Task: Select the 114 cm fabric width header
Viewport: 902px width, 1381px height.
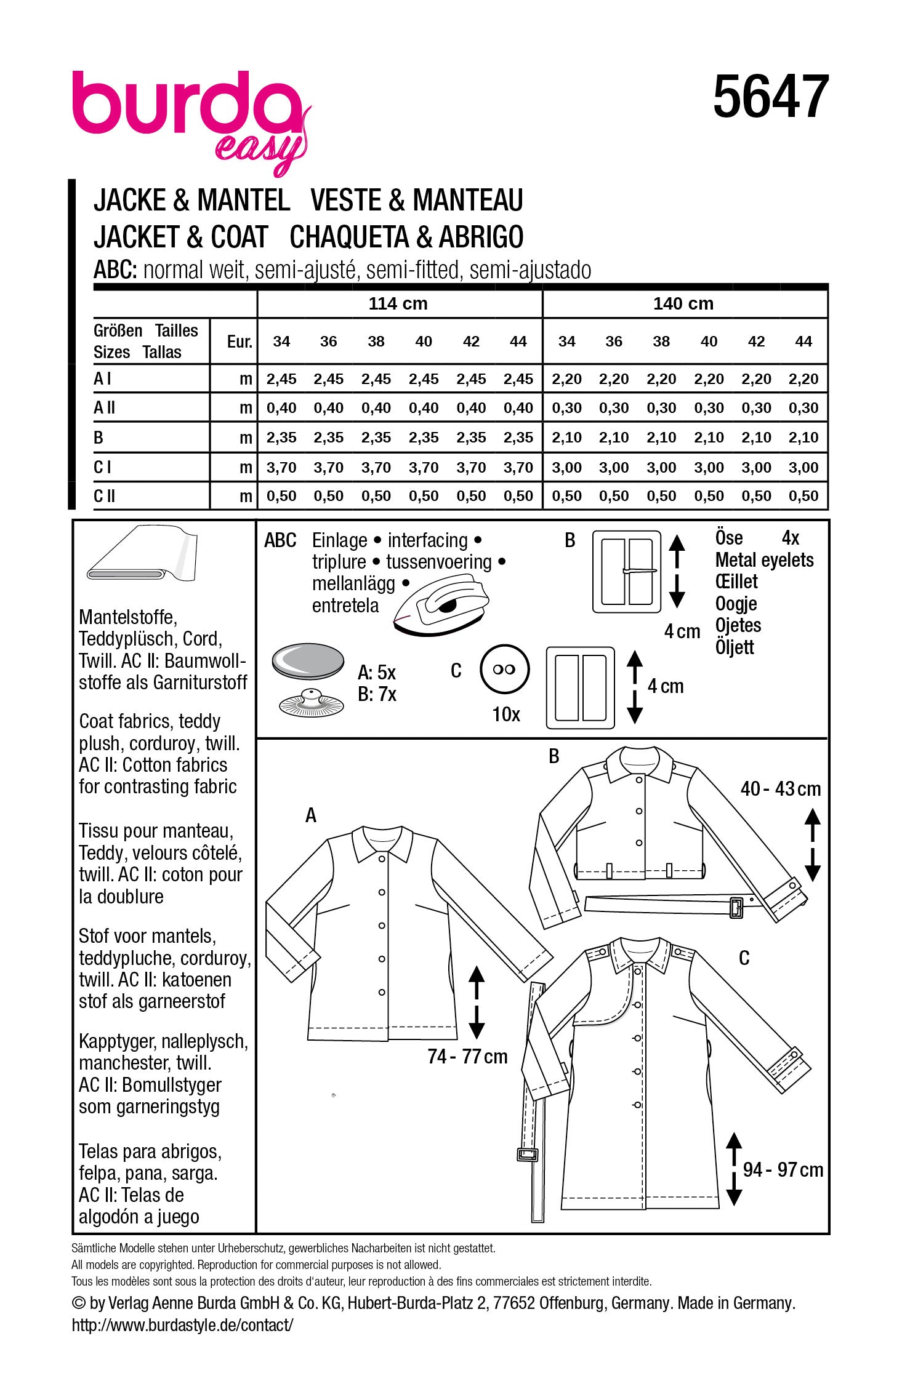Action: tap(398, 303)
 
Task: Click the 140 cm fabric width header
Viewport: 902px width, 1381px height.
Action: tap(683, 303)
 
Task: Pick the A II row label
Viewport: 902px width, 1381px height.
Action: tap(104, 407)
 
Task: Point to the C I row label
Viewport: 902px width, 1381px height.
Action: tap(103, 467)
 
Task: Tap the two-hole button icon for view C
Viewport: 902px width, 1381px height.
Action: tap(504, 670)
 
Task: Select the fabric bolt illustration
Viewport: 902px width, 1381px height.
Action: tap(142, 553)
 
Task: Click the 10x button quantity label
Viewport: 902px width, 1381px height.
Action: tap(506, 714)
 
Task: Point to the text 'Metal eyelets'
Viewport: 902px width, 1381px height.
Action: tap(764, 560)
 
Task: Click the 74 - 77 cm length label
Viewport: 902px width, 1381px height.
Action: tap(467, 1057)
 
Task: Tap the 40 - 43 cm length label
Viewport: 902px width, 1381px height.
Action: tap(781, 789)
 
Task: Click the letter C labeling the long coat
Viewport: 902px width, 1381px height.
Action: tap(744, 958)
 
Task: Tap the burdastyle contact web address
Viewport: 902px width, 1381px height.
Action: tap(182, 1325)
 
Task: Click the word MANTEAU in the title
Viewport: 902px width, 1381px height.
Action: tap(468, 201)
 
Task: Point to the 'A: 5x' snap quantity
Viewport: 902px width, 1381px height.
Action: tap(377, 672)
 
